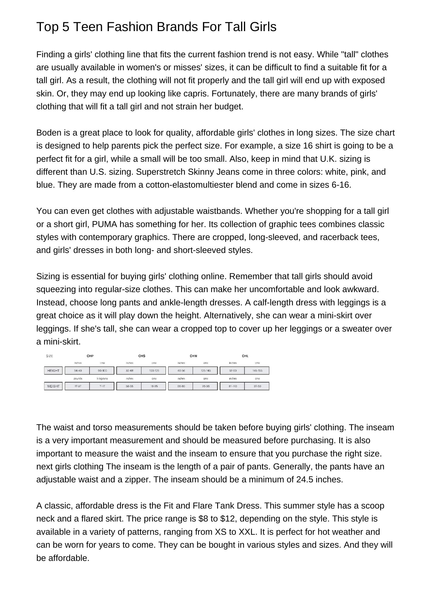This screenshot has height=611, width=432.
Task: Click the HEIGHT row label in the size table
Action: (x=53, y=371)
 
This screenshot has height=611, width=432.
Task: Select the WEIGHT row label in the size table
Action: (x=53, y=386)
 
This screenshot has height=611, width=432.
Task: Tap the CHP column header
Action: (x=90, y=356)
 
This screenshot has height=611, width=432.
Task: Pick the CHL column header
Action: (x=245, y=356)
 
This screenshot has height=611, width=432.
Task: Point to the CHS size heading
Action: (x=142, y=356)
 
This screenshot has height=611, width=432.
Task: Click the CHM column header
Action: (x=193, y=356)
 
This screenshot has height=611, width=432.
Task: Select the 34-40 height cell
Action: (x=78, y=371)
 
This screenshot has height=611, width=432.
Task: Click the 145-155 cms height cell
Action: (x=257, y=371)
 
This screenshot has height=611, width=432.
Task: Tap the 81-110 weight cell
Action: (x=233, y=386)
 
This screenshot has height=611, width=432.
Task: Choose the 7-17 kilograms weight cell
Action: (x=102, y=386)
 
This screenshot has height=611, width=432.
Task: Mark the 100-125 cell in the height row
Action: (x=154, y=371)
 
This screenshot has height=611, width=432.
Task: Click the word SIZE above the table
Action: (x=50, y=356)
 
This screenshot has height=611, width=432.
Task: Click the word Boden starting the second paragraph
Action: (x=48, y=133)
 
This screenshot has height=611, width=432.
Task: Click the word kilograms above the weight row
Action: (x=102, y=378)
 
